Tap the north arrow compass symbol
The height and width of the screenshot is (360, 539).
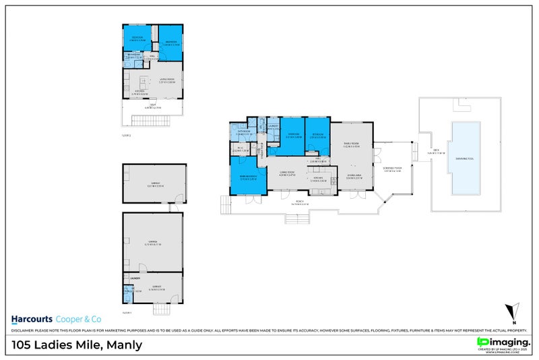click(513, 312)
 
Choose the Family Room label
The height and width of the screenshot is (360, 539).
click(351, 144)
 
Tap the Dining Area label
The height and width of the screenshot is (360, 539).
click(356, 176)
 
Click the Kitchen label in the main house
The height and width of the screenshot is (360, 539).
click(318, 179)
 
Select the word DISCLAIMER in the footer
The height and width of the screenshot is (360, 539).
click(24, 332)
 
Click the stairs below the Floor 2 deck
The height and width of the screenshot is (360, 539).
click(142, 122)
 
